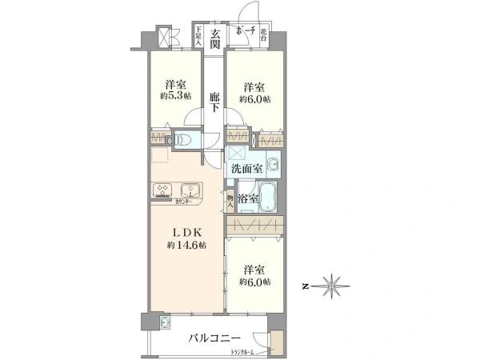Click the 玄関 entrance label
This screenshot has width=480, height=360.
tap(214, 38)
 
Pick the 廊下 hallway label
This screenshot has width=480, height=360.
tap(214, 102)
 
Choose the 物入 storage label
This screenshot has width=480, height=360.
tap(230, 202)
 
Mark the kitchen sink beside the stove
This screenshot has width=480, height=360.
tap(191, 190)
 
